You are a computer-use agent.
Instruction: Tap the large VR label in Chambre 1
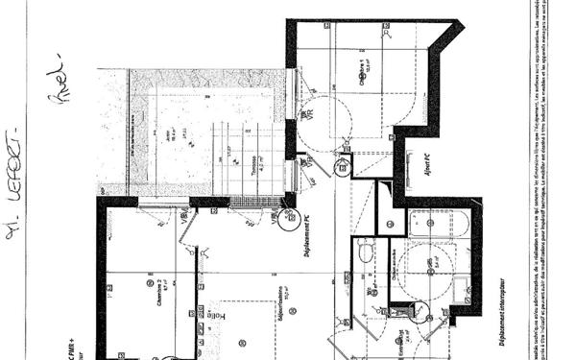click(x=309, y=112)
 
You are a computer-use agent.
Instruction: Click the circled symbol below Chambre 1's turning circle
click(x=342, y=169)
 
